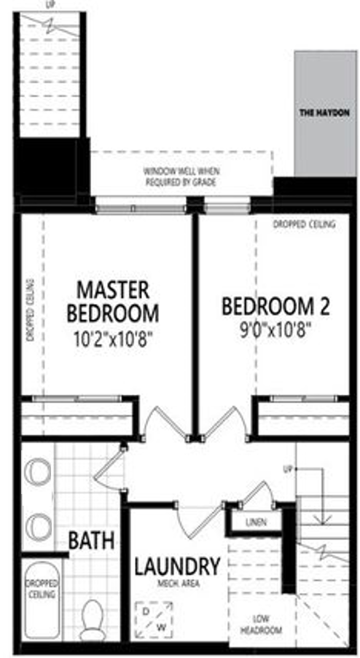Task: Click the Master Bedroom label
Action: [113, 302]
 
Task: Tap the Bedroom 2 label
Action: [275, 306]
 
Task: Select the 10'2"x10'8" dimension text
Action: [113, 338]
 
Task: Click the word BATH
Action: [91, 541]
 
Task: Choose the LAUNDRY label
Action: [177, 567]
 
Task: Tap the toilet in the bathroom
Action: [93, 619]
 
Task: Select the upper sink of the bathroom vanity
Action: [38, 471]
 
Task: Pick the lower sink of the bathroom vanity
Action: [38, 528]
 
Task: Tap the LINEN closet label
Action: [256, 522]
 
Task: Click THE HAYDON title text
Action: [324, 113]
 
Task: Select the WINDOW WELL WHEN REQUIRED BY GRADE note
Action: [181, 176]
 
